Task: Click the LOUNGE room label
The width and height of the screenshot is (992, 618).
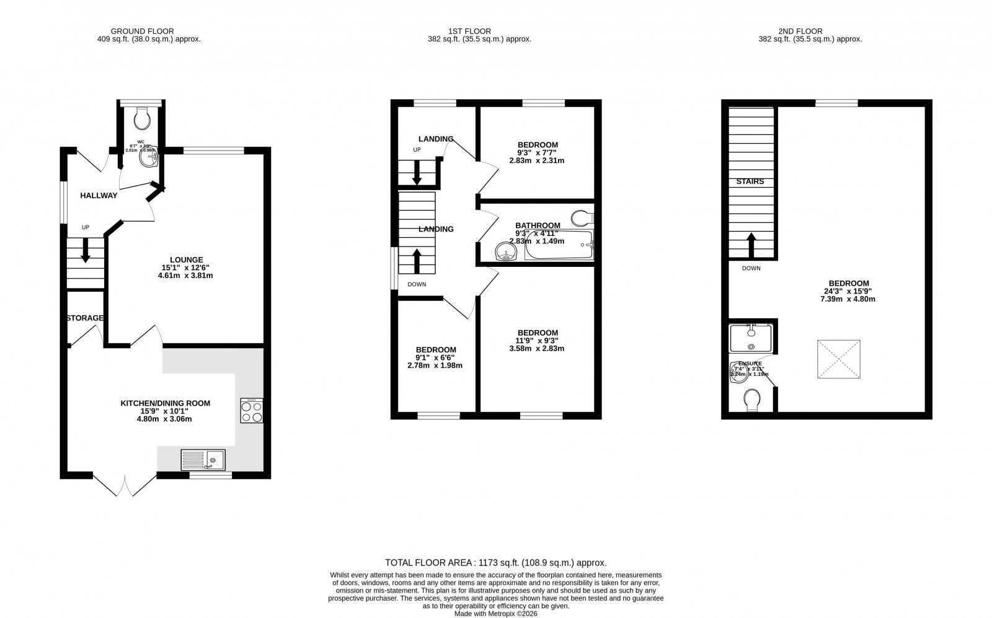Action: (x=187, y=260)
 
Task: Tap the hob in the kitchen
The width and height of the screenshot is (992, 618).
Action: (x=252, y=410)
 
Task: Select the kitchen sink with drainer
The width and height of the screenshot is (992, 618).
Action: (x=203, y=460)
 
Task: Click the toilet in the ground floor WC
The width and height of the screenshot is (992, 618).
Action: (x=142, y=118)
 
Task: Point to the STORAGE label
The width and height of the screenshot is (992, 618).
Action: (x=85, y=318)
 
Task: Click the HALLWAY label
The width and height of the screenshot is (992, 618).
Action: (x=99, y=196)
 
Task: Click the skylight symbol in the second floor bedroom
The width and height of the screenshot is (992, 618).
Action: (x=839, y=359)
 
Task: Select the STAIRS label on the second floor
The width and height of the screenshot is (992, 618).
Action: (x=750, y=181)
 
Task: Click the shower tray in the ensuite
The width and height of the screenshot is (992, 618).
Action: (x=751, y=338)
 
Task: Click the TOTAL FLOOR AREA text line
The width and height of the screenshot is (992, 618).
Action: (x=495, y=563)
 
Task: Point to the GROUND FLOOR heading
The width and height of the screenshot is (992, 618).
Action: (x=142, y=31)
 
